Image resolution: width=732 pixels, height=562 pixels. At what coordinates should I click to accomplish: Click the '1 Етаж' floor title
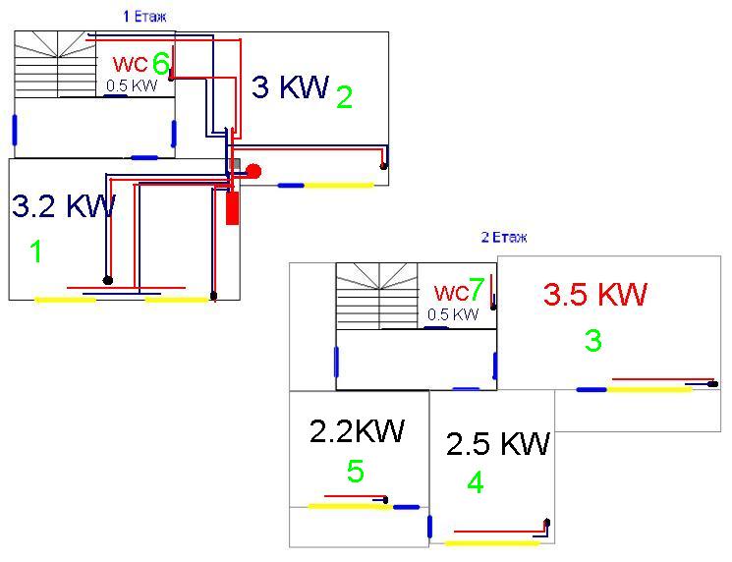tap(144, 16)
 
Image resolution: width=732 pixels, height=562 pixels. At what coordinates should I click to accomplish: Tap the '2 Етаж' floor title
tap(504, 238)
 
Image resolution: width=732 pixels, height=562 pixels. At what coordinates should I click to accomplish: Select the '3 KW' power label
tap(290, 87)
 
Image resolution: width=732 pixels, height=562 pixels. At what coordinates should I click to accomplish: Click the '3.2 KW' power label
tap(64, 206)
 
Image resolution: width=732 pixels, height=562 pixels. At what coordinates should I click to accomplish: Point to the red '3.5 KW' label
tap(595, 294)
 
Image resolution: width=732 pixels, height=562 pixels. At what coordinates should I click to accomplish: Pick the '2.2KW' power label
tap(357, 431)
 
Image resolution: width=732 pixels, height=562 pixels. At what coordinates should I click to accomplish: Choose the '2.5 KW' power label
tap(497, 444)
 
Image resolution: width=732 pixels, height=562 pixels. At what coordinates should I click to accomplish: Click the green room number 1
tap(36, 253)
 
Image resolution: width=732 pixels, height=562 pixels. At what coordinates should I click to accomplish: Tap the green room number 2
tap(344, 97)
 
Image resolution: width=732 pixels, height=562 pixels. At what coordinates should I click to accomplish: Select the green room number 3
tap(592, 341)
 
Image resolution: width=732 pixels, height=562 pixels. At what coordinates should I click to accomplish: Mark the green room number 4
tap(476, 483)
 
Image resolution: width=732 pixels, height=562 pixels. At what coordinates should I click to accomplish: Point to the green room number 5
tap(356, 472)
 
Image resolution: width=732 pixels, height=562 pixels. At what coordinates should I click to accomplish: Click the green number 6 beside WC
tap(161, 64)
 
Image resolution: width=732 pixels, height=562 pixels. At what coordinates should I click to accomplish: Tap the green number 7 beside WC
tap(477, 291)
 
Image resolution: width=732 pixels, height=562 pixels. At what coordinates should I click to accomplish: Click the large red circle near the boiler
tap(253, 171)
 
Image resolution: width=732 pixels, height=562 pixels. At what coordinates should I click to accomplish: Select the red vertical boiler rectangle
tap(233, 207)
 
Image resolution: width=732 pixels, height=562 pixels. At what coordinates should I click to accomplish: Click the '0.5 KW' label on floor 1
tap(132, 85)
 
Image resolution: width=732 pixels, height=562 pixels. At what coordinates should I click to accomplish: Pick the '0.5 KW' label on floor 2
tap(453, 314)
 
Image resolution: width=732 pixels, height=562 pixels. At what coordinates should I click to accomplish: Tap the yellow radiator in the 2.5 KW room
tap(492, 542)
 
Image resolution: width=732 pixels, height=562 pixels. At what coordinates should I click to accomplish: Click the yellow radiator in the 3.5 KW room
tap(649, 389)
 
